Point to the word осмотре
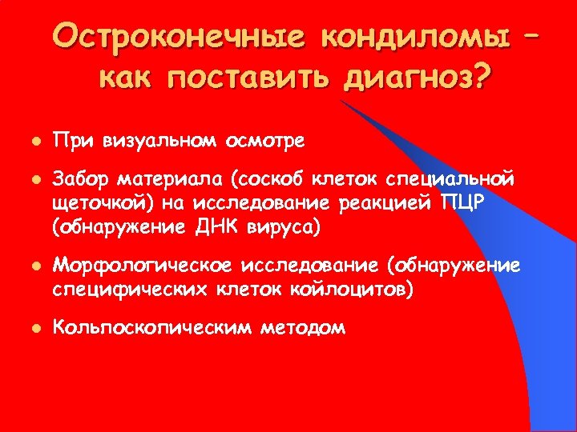pyautogui.click(x=264, y=142)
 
